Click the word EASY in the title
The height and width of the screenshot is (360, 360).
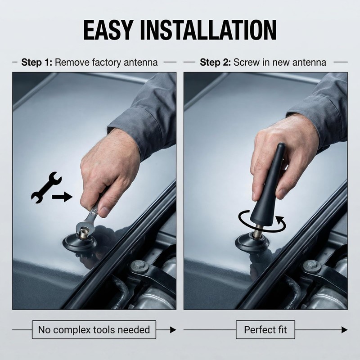pos(108,30)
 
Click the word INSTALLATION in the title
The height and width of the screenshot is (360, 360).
pos(208,30)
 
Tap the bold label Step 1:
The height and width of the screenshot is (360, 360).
pos(37,62)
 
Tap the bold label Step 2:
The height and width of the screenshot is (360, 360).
pos(216,62)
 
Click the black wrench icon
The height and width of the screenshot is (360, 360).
pos(46,187)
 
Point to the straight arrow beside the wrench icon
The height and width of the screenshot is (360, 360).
pos(62,197)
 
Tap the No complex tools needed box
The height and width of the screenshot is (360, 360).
pos(94,330)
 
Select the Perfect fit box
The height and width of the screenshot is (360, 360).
pos(265,330)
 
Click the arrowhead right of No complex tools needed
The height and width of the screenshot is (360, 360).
pos(173,330)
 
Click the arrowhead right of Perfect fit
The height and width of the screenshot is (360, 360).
pos(344,330)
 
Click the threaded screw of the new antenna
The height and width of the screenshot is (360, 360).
pos(260,229)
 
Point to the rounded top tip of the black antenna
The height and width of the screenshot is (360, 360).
pos(281,145)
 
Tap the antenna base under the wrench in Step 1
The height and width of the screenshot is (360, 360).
pos(80,242)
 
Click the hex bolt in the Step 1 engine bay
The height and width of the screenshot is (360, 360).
pos(139,266)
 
